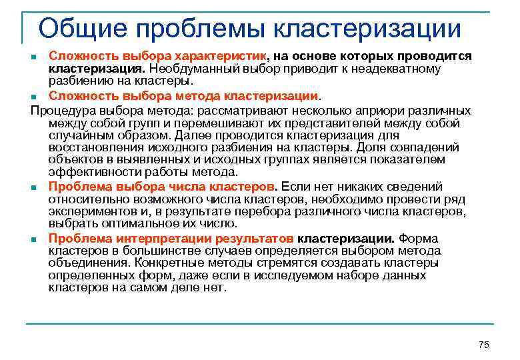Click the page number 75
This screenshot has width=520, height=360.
[484, 344]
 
